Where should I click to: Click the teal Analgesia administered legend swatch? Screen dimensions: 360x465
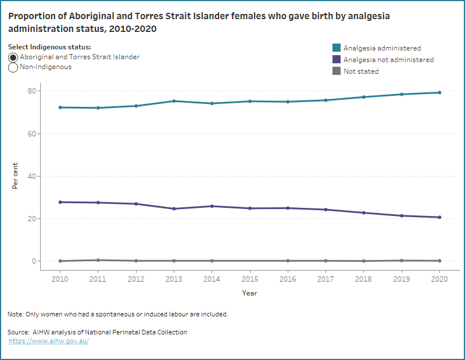[x=335, y=48]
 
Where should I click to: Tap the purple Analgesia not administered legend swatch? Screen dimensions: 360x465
[x=335, y=60]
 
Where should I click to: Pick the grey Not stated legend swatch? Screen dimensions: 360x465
[x=335, y=71]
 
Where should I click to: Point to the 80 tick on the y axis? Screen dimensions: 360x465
[x=32, y=91]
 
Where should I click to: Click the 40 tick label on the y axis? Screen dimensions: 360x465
[x=32, y=176]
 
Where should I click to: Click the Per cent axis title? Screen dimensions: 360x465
[x=16, y=176]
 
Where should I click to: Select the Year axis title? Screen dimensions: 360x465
[x=249, y=293]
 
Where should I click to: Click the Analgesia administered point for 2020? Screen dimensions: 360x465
[x=439, y=92]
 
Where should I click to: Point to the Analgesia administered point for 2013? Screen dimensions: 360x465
[x=174, y=101]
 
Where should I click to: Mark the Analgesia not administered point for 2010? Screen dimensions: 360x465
[x=60, y=202]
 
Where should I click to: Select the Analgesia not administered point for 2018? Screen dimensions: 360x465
[x=363, y=213]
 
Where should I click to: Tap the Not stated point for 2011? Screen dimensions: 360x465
[x=98, y=260]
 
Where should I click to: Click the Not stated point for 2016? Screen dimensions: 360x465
[x=288, y=261]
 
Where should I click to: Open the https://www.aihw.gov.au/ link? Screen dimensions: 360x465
[x=49, y=341]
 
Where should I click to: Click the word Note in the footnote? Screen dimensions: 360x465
[x=15, y=314]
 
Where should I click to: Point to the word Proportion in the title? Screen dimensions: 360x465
[x=31, y=16]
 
